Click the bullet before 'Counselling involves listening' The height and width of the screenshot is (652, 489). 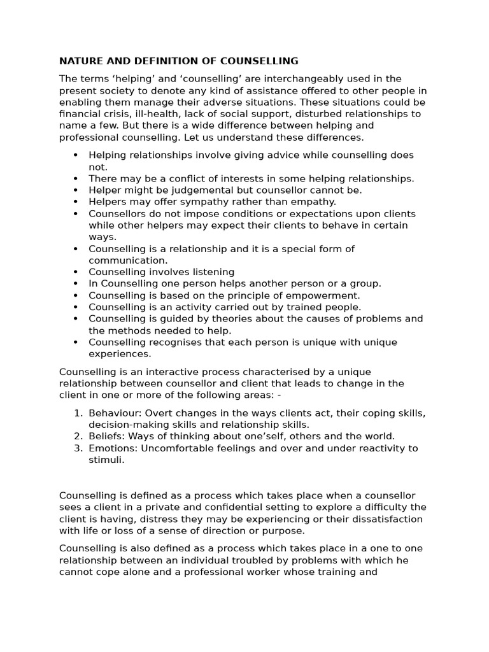tap(76, 272)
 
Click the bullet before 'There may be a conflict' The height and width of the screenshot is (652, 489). tap(76, 179)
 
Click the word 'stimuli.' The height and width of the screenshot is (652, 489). tap(106, 460)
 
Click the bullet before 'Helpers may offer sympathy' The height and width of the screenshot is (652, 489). tap(76, 202)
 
